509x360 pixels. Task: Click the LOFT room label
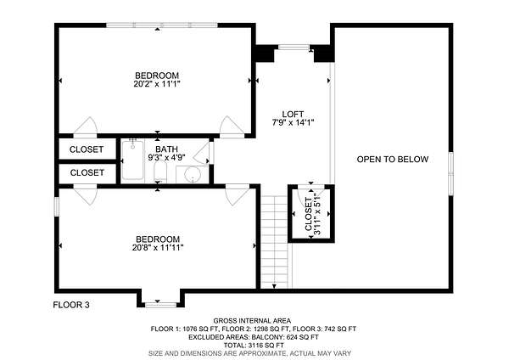click(x=293, y=115)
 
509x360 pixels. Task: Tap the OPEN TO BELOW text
click(x=393, y=160)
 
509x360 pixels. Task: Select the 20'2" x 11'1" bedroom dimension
click(x=157, y=84)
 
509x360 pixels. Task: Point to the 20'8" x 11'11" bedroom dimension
click(x=158, y=248)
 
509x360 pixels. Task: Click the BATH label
click(x=166, y=149)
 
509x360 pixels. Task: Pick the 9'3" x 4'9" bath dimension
click(x=166, y=158)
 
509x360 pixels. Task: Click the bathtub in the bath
click(x=133, y=160)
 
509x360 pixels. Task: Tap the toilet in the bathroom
click(x=160, y=171)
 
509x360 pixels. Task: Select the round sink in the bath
click(x=193, y=175)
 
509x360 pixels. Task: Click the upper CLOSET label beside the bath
click(x=87, y=149)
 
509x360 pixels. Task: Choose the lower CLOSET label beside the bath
click(x=87, y=172)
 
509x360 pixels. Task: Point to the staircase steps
click(x=275, y=242)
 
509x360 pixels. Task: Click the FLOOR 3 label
click(x=71, y=305)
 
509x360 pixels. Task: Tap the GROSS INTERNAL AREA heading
click(x=252, y=321)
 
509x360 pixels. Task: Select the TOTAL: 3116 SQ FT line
click(x=254, y=345)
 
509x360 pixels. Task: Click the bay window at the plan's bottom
click(x=160, y=305)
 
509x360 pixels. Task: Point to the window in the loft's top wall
click(x=294, y=48)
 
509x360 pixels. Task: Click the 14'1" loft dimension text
click(x=305, y=123)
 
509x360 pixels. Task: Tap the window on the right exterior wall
click(x=451, y=173)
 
